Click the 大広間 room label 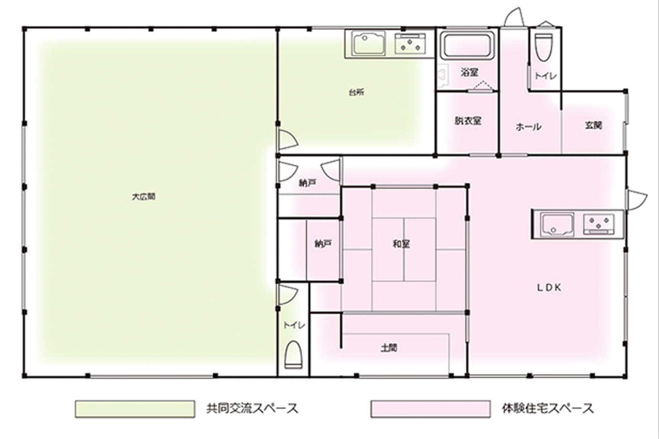click(144, 197)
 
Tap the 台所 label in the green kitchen click(357, 93)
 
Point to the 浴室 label click(469, 73)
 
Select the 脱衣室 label click(468, 121)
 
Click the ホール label click(529, 127)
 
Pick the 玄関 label click(594, 125)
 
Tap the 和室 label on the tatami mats click(402, 244)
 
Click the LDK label click(549, 288)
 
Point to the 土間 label click(389, 348)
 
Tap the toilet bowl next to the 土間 click(294, 355)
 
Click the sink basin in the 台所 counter click(369, 44)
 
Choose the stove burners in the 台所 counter click(410, 44)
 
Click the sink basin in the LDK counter click(558, 225)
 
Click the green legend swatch click(135, 409)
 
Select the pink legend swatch click(430, 409)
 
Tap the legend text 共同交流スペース click(253, 409)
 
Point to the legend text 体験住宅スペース click(548, 409)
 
